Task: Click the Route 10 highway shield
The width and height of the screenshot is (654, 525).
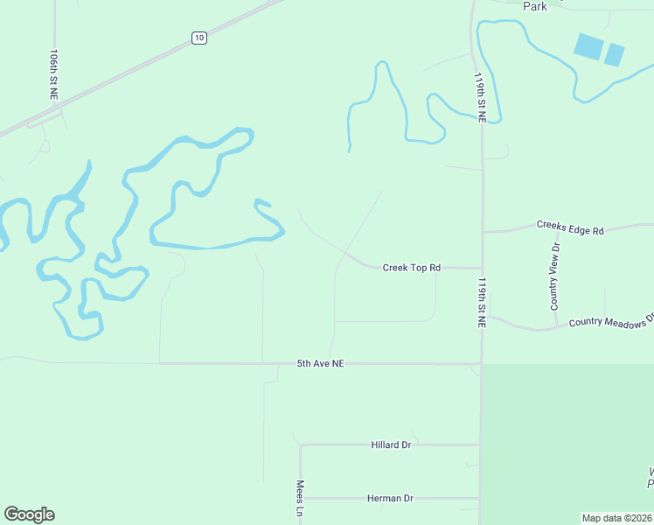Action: pos(199,38)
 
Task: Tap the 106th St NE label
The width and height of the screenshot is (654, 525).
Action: pos(54,73)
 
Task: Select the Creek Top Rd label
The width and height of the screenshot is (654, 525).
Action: pos(411,267)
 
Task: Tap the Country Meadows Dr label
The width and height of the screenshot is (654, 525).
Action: pos(610,321)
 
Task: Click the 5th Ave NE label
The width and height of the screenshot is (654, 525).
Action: pos(320,362)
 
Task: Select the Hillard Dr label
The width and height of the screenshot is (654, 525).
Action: pos(390,444)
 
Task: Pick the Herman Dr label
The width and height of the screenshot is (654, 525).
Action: pos(390,498)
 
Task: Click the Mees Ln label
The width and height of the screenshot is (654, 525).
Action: pos(300,497)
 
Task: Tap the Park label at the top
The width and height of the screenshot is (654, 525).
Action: pos(535,6)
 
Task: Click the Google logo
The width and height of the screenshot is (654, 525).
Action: pos(29,514)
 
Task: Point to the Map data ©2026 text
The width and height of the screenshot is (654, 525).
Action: pos(616,517)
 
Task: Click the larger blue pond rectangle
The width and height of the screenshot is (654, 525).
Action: pos(588,45)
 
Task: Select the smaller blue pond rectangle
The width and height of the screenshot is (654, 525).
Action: pos(615,54)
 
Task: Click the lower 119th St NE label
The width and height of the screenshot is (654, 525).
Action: pos(481,303)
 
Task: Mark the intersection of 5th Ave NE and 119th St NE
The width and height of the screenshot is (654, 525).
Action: pos(481,363)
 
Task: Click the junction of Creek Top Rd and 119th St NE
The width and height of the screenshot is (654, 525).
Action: pos(482,268)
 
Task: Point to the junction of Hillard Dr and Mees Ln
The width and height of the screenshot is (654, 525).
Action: pos(301,444)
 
